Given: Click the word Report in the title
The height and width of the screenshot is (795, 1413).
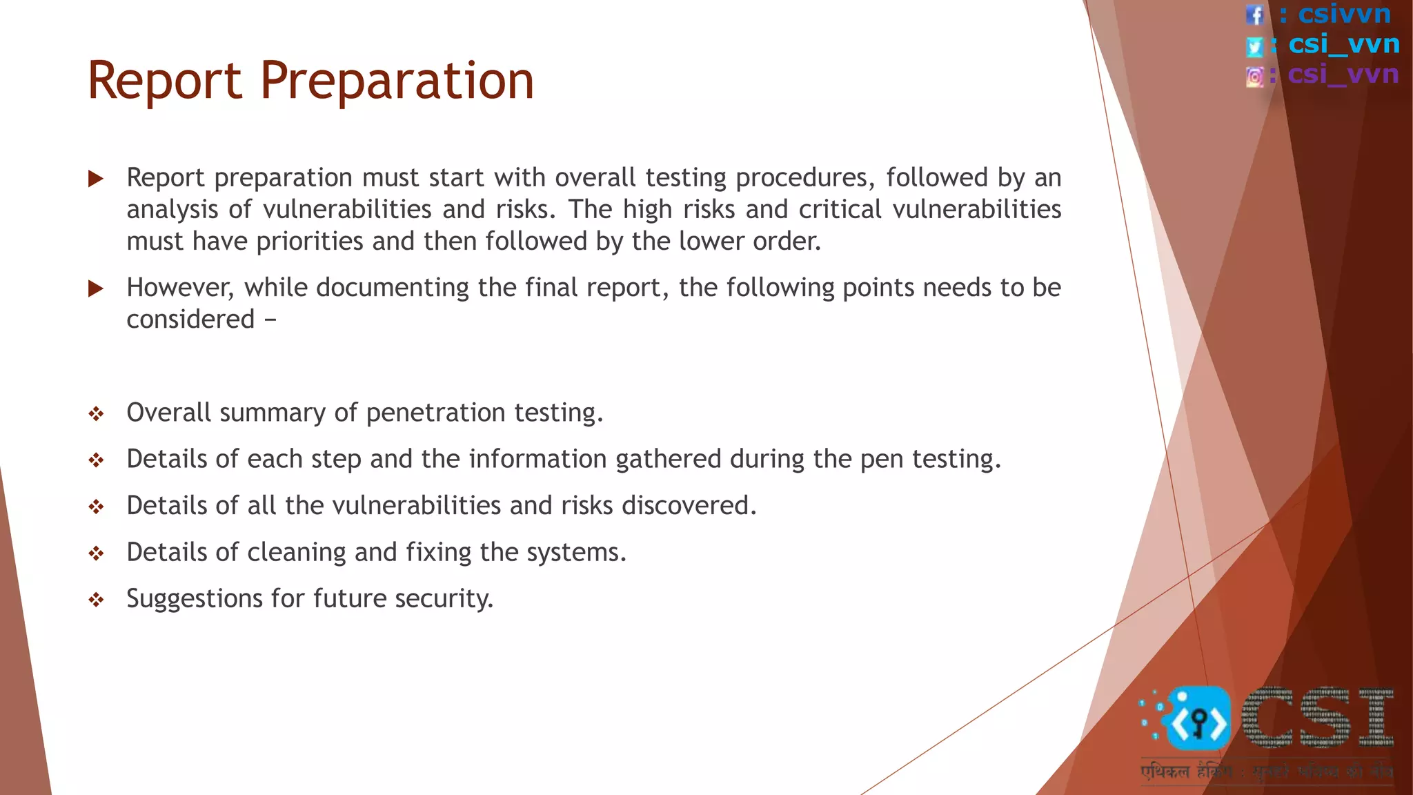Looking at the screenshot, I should [x=165, y=81].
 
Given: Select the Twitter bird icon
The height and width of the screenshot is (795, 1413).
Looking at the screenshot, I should [x=1254, y=46].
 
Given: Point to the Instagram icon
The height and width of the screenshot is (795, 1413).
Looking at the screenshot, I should [x=1255, y=77].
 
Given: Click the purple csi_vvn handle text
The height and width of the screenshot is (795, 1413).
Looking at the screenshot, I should [x=1343, y=74].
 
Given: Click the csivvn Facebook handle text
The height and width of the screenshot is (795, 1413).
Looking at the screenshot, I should [x=1344, y=14].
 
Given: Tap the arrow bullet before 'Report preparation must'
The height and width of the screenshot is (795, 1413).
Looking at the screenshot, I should [x=96, y=179].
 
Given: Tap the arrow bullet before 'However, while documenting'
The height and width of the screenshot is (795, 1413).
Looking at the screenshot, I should [x=96, y=288].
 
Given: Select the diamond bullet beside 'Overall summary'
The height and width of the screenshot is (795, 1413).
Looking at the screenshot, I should [x=96, y=414].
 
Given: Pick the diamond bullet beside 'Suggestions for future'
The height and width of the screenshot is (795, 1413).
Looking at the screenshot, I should [x=96, y=600].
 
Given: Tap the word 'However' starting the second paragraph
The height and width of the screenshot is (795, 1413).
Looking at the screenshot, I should [x=179, y=288].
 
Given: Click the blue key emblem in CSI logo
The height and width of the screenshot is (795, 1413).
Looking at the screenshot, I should [x=1198, y=720].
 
